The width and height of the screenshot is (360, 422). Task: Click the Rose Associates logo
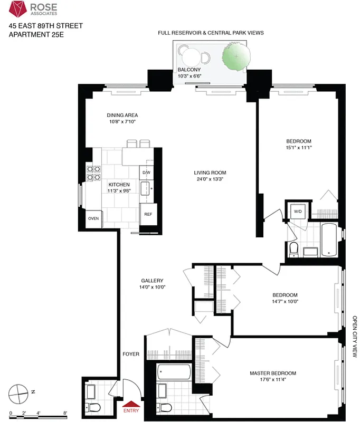[20, 9]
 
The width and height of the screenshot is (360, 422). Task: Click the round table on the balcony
[192, 55]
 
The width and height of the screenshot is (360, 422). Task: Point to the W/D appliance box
[297, 212]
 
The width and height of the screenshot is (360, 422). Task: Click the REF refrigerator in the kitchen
[148, 214]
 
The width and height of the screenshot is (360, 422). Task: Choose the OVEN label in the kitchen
[93, 218]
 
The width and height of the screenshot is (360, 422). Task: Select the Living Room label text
[210, 172]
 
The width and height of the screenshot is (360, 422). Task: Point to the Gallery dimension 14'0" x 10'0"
[152, 287]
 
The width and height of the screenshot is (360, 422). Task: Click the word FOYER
[131, 354]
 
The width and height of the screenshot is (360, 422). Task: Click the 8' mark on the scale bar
[65, 413]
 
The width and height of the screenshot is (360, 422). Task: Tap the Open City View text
[355, 337]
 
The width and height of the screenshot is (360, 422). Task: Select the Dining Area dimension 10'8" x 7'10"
[122, 122]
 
